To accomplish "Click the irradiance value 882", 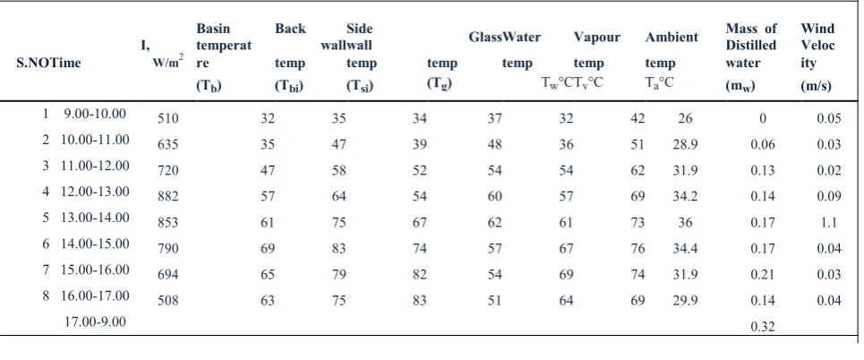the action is (168, 197).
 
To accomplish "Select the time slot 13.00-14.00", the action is (95, 218).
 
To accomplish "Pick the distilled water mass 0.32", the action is (763, 327).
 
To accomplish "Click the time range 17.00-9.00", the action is (95, 321).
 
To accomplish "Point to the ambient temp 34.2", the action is (685, 197).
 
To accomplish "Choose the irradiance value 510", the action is (168, 118).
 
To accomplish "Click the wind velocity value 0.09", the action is (829, 197).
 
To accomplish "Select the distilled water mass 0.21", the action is (763, 275).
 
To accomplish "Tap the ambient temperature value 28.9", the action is (685, 144).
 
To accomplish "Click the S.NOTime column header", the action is (48, 63).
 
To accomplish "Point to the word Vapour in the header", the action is (597, 38).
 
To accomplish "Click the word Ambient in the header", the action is (672, 38).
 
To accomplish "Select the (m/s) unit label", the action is (816, 86).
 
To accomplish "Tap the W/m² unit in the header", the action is (167, 62).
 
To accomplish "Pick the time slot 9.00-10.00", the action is (95, 114).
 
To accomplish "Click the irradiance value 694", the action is (168, 275).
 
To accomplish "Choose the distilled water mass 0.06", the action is (763, 144).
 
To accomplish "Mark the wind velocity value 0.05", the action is (829, 118).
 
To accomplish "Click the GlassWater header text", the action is (505, 38).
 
